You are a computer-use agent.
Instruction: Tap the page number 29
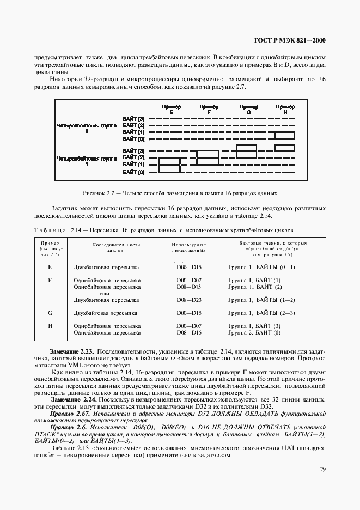point(322,469)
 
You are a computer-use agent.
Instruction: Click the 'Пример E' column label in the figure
point(171,109)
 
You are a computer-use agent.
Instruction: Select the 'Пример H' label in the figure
point(285,109)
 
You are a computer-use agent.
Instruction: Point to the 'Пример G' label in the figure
point(249,109)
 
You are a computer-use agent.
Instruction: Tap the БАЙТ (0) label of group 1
point(133,172)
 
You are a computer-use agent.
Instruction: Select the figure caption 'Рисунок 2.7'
point(180,193)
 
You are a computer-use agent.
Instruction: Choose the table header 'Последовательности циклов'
point(112,247)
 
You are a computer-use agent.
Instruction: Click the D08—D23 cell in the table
point(189,300)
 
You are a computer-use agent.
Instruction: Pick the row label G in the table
point(50,313)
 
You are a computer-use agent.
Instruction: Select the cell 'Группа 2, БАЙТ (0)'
point(254,332)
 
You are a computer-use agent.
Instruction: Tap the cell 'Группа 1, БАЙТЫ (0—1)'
point(261,267)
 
